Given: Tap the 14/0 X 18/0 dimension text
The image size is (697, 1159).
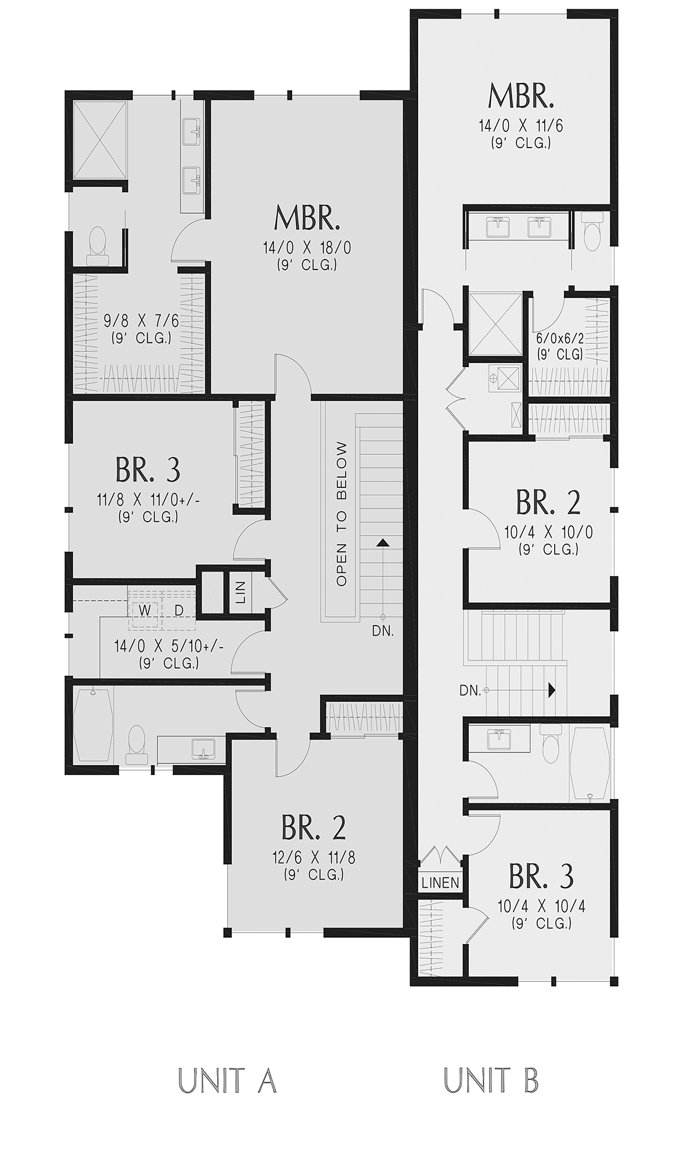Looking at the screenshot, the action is tap(307, 248).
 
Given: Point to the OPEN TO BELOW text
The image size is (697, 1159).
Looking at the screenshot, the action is tap(342, 514).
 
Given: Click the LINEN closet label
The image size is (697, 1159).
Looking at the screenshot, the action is tap(440, 883).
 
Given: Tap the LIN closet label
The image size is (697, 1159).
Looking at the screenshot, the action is tap(241, 591).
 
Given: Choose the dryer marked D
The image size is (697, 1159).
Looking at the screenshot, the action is tap(179, 611).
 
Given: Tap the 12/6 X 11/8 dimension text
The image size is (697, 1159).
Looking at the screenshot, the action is tap(314, 857).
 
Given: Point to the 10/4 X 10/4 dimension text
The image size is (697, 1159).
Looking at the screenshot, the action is tap(541, 906).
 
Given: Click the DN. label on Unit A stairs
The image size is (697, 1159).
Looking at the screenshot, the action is tap(383, 631).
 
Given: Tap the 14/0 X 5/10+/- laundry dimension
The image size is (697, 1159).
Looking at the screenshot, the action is tap(169, 646).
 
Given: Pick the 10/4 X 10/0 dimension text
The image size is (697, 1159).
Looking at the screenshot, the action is tap(548, 532).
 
